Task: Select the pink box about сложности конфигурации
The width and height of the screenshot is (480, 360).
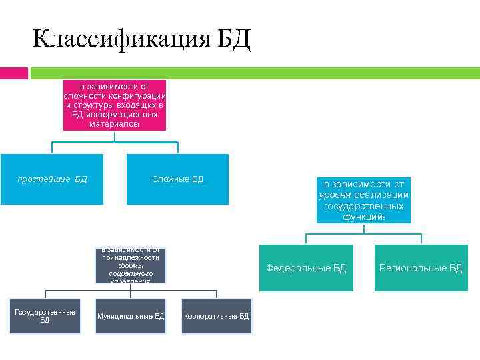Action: (x=115, y=105)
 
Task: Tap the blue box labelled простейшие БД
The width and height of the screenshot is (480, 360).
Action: (x=52, y=179)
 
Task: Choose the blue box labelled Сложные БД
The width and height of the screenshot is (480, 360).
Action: (x=177, y=179)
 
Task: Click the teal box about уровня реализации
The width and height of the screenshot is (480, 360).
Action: (x=363, y=200)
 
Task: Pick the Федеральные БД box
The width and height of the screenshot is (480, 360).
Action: (x=306, y=268)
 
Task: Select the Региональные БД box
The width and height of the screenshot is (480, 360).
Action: (x=421, y=268)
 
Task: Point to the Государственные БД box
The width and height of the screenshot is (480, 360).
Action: (x=45, y=316)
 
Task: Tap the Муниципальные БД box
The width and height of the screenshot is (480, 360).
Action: (x=131, y=316)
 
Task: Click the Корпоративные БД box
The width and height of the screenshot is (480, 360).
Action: (x=216, y=316)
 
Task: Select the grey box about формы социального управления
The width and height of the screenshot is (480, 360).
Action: (x=131, y=265)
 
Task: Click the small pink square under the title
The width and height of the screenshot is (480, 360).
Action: (x=13, y=73)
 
